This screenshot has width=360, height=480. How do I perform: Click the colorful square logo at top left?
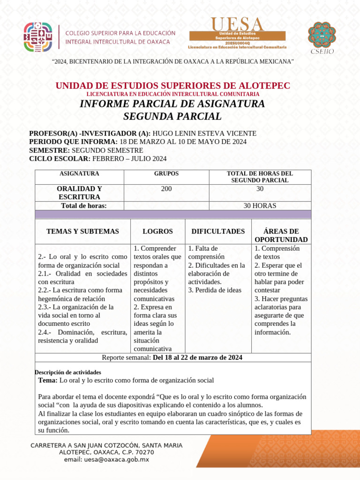[39, 37]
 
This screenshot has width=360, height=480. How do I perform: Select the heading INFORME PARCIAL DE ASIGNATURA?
[172, 104]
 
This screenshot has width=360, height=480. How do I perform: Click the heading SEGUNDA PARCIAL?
[172, 116]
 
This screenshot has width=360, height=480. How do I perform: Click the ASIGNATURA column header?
[79, 173]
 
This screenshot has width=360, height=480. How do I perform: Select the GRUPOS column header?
[166, 173]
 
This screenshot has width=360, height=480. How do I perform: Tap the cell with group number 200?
[166, 188]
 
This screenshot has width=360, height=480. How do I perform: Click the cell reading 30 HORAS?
[260, 206]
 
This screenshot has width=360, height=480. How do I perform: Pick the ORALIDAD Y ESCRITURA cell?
[79, 193]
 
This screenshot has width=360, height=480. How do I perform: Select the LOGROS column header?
[157, 231]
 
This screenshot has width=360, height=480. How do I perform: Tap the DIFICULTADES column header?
[218, 231]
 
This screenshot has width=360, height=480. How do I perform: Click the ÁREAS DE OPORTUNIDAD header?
[281, 235]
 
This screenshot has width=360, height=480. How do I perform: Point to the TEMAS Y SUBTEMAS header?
[82, 231]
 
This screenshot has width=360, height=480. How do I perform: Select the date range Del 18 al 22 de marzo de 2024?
[197, 358]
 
